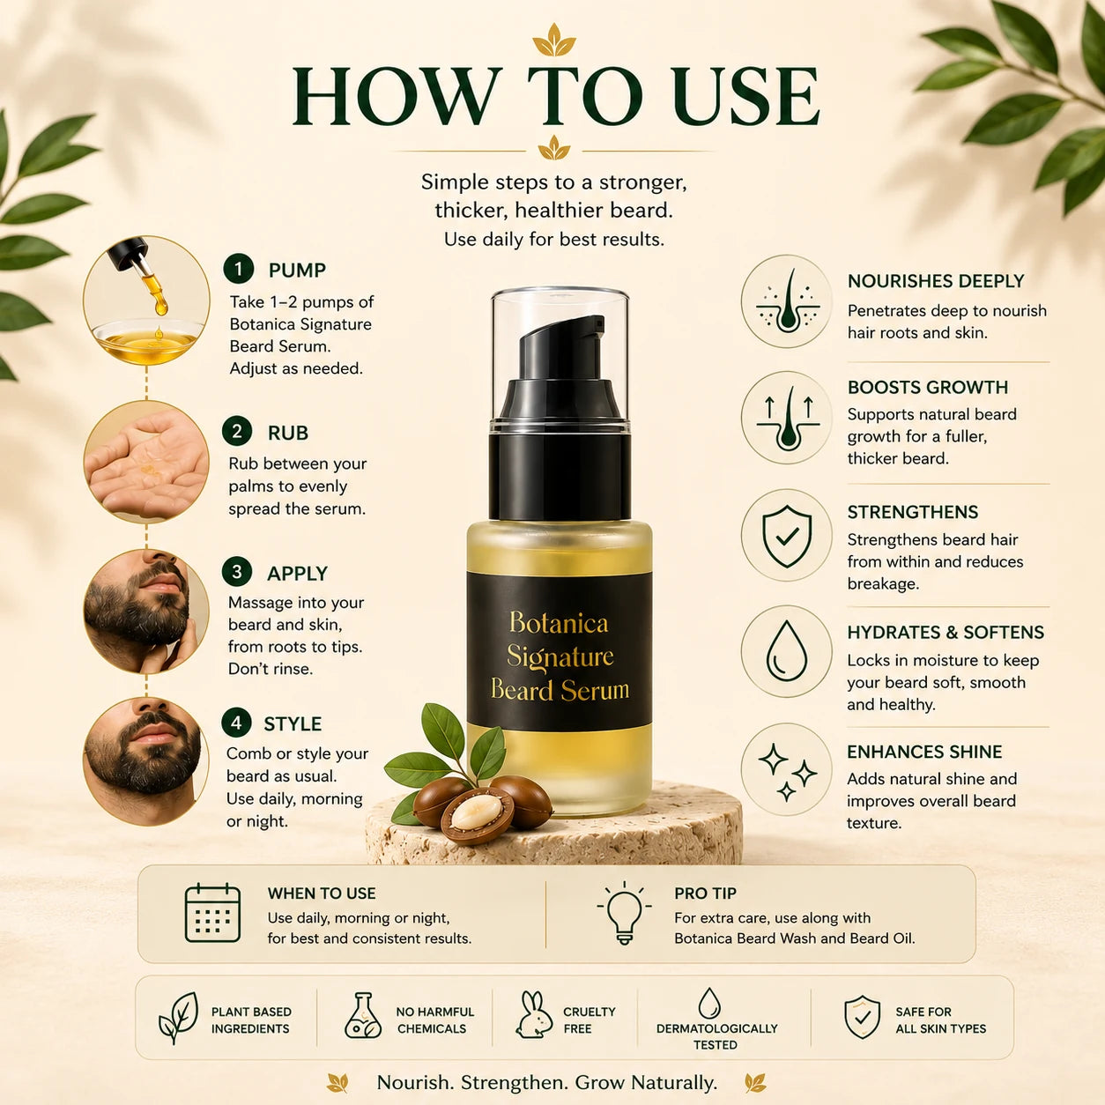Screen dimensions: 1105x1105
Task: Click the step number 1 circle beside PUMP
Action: pyautogui.click(x=239, y=269)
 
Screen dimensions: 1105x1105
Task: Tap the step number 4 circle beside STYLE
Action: pyautogui.click(x=236, y=723)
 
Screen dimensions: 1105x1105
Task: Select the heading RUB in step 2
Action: pyautogui.click(x=288, y=433)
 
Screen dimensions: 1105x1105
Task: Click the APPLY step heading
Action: pyautogui.click(x=297, y=574)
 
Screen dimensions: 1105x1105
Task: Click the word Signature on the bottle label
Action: pyautogui.click(x=560, y=657)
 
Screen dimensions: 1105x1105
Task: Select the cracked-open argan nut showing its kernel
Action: pyautogui.click(x=477, y=815)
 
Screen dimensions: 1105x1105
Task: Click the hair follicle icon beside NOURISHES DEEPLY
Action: pyautogui.click(x=787, y=301)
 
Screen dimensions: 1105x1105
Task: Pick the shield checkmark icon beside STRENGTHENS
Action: pyautogui.click(x=787, y=536)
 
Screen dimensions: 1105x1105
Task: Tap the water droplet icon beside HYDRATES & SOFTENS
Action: pyautogui.click(x=787, y=651)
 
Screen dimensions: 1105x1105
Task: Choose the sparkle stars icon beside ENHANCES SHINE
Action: pyautogui.click(x=787, y=771)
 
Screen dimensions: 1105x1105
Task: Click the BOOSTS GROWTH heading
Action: pyautogui.click(x=928, y=387)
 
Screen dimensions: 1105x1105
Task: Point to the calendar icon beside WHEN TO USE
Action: pyautogui.click(x=212, y=912)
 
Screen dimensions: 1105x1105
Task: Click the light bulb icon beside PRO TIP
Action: pyautogui.click(x=624, y=913)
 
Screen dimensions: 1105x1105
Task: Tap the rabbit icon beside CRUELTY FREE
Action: pyautogui.click(x=534, y=1015)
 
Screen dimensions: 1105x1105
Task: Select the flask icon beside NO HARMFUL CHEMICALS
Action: pyautogui.click(x=363, y=1015)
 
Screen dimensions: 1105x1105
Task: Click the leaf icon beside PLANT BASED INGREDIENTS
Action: pyautogui.click(x=178, y=1018)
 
